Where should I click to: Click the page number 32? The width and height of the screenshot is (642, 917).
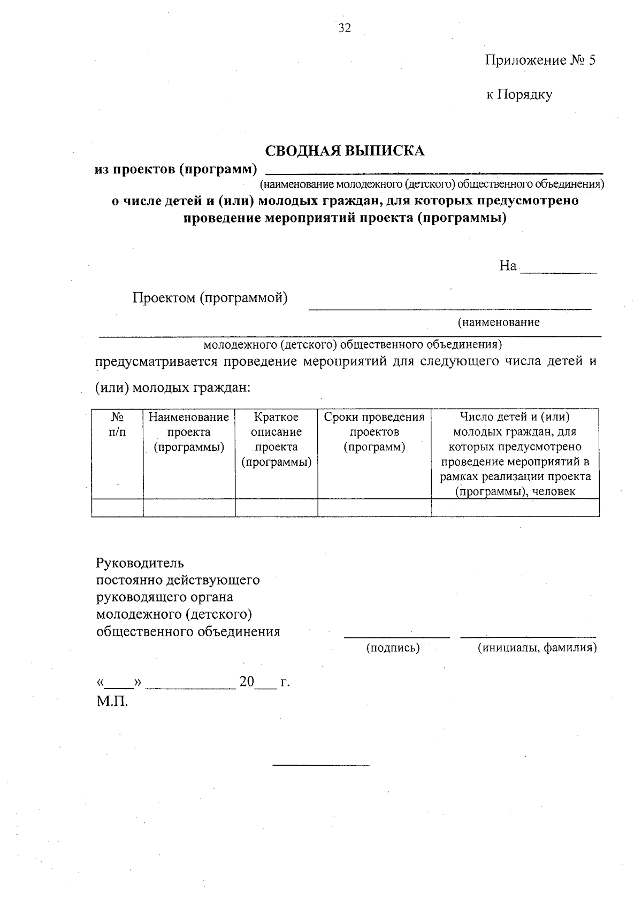(x=345, y=28)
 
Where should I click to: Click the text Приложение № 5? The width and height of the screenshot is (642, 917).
(x=540, y=60)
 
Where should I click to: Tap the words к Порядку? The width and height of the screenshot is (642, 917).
(x=519, y=95)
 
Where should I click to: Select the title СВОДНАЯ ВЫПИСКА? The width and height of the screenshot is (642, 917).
(x=345, y=151)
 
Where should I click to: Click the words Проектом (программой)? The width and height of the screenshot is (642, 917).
(x=210, y=298)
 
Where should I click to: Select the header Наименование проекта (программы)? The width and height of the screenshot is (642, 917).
(x=189, y=431)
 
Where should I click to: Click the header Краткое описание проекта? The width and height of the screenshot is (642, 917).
(x=276, y=439)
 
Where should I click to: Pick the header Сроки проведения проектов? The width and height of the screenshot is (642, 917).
(x=374, y=431)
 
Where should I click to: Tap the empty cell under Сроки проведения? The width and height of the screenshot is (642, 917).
(x=374, y=507)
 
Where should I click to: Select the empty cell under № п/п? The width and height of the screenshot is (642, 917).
(x=117, y=507)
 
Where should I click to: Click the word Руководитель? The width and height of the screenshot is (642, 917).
(x=140, y=562)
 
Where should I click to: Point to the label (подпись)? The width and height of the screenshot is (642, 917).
(x=393, y=648)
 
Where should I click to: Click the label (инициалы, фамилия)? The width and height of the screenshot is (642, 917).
(x=537, y=648)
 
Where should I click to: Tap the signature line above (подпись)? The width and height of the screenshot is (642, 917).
(x=396, y=636)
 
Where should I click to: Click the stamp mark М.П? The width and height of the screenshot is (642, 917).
(x=112, y=700)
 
